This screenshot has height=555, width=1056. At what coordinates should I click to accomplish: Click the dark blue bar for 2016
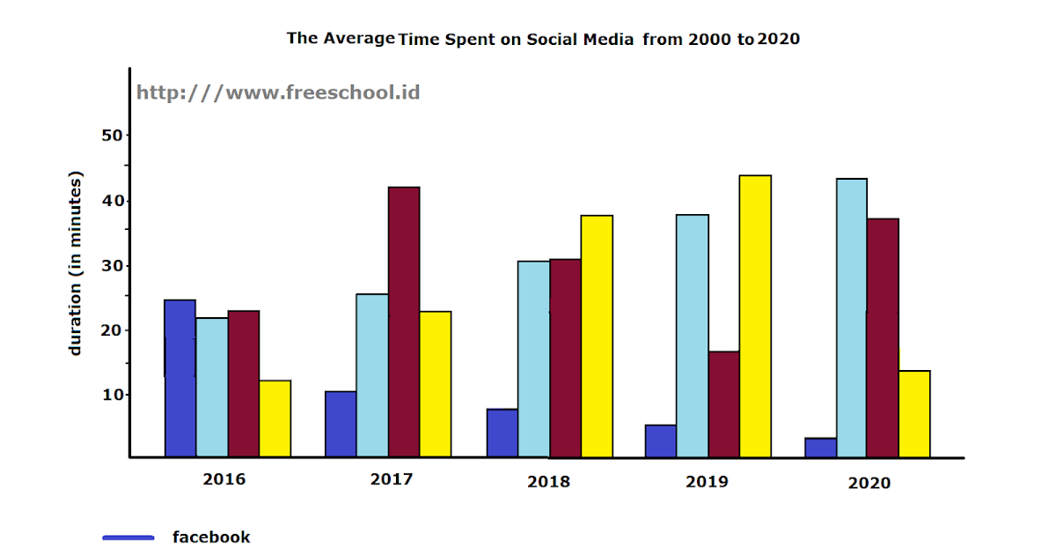[180, 379]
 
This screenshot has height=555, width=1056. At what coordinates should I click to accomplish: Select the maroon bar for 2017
[404, 322]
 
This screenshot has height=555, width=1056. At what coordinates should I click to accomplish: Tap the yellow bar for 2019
[755, 316]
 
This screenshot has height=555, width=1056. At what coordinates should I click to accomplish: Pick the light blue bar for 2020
[852, 318]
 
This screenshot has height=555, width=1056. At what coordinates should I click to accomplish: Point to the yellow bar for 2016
[275, 418]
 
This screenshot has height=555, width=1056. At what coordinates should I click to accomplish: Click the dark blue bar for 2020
[820, 448]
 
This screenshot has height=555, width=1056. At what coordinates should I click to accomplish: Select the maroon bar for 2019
[723, 404]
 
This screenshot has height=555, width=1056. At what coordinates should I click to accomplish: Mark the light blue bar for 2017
[372, 375]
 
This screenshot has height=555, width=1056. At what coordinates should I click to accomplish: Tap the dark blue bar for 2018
[502, 433]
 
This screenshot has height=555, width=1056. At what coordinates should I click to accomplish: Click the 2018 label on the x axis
[548, 482]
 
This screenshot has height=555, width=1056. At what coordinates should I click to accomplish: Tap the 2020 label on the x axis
[869, 483]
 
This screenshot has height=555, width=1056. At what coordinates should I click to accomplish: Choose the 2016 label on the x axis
[224, 480]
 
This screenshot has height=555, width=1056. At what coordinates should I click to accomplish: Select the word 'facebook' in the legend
[211, 537]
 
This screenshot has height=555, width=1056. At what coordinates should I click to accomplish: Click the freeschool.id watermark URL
[278, 92]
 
